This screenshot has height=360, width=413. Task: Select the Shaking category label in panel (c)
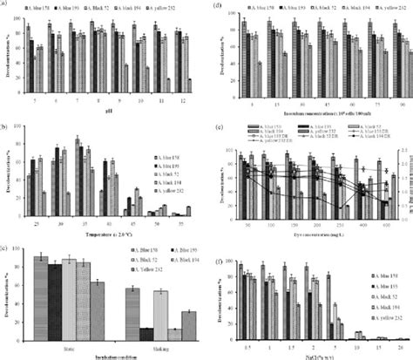159,346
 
